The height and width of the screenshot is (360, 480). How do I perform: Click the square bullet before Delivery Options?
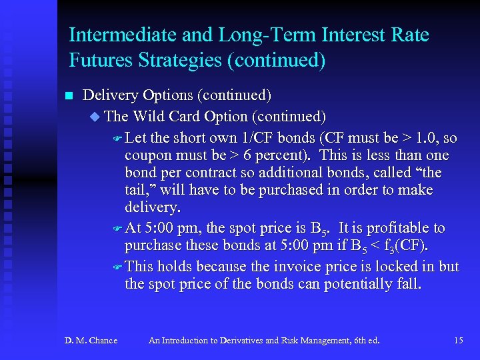click(67, 95)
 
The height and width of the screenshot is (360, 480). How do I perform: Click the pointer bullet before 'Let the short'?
click(116, 139)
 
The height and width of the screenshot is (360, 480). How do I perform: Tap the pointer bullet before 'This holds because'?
click(116, 267)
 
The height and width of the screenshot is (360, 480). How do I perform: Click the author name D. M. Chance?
click(91, 341)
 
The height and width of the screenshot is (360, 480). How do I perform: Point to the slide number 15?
click(458, 341)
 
